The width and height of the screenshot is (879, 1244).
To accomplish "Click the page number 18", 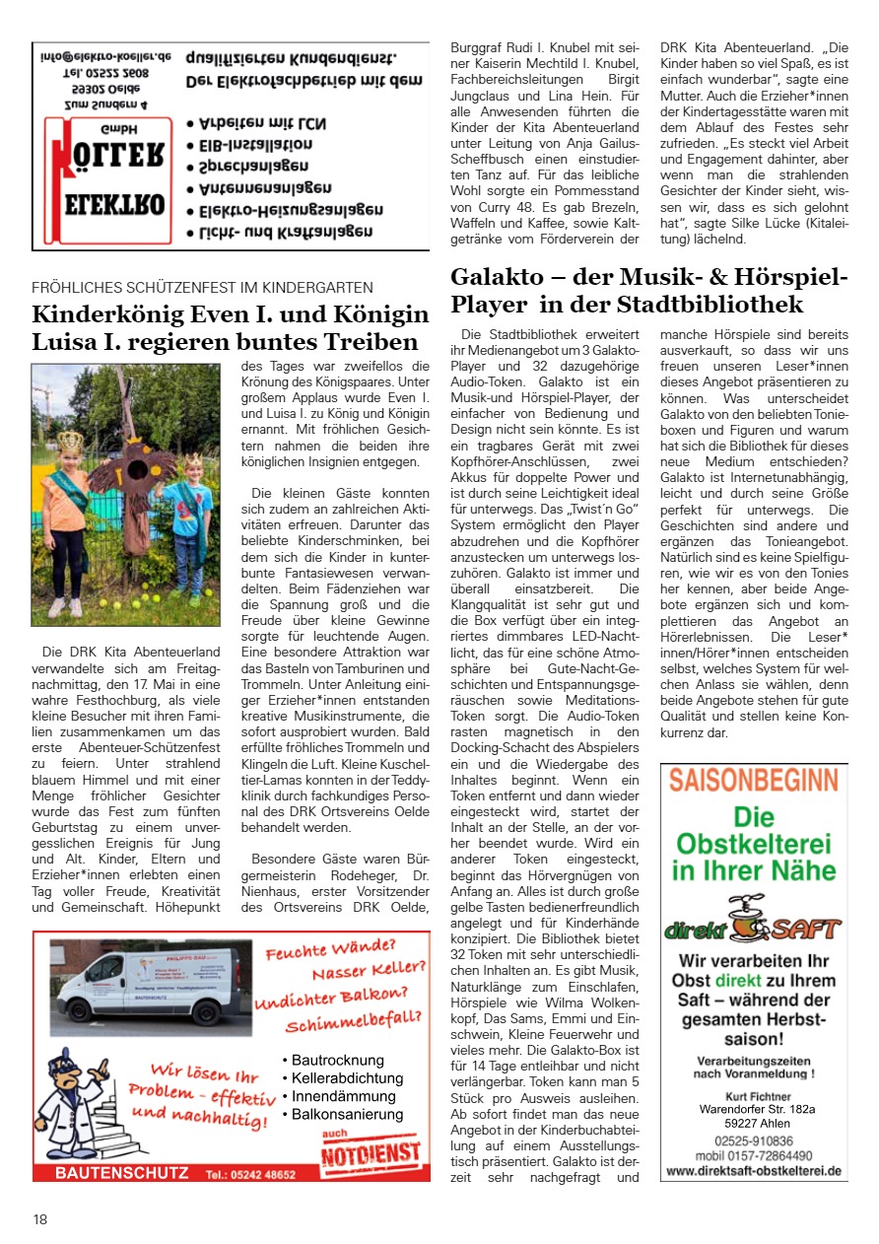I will pos(39,1219).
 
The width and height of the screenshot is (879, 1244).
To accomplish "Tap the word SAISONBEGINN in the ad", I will pos(754,780).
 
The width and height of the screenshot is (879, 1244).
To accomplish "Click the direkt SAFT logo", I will pos(753,922).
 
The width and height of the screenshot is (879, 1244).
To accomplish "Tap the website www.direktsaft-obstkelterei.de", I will pos(753,1171).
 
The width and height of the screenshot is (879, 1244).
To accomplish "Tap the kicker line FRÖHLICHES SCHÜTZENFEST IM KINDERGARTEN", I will pos(202,288).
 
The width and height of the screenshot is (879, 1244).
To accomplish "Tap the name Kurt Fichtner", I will pos(753,1094).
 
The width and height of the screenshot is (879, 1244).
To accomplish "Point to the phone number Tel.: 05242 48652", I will pos(250,1174).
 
